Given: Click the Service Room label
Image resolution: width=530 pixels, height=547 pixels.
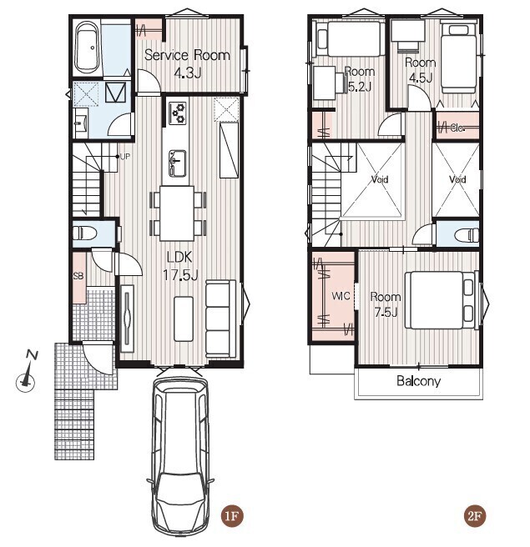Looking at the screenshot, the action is pos(187,56).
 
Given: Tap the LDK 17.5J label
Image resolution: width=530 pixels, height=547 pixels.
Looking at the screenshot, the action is pos(180,266).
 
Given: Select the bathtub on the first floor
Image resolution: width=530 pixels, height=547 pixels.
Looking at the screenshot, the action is pos(87,48).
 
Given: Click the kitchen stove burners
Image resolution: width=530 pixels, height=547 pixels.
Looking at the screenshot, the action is pos(178,113).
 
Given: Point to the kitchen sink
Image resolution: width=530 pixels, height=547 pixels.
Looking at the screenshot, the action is pos(177,163).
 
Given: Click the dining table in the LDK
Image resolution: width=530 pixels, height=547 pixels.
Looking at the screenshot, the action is pos(177,213).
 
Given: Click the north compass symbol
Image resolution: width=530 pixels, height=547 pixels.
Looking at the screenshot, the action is pos(27,374).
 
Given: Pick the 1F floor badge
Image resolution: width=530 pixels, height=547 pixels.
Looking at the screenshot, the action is pos(232,515).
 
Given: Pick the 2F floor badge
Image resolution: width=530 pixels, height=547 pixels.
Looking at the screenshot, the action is pos(475,515).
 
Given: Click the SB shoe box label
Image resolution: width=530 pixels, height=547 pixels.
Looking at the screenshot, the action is pos(78,276).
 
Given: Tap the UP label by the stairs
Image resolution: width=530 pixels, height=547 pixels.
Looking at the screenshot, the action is pos(125,157).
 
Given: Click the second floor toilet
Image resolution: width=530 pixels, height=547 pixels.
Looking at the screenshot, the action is pos(467,234).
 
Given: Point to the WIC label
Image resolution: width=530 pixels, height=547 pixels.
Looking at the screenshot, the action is pos(341,296).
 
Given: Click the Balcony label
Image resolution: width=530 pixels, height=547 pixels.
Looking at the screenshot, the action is pos(419,381).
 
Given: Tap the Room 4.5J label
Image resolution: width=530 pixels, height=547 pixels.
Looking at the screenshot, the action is pos(421,70).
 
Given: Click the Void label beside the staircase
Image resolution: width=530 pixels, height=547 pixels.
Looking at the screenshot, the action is pos(380,179).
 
